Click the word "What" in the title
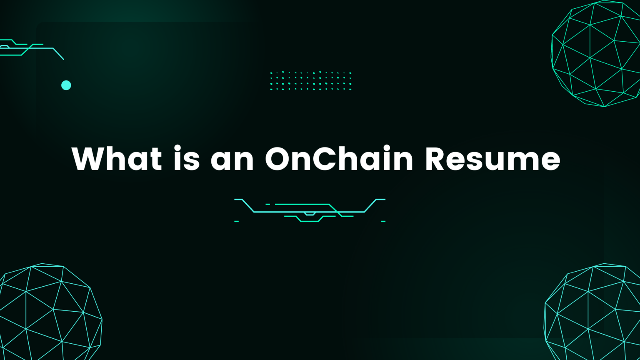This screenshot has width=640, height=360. click(117, 158)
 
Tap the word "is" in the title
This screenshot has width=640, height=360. click(187, 158)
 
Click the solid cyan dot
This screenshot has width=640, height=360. click(66, 85)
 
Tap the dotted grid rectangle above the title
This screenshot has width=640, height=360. click(310, 81)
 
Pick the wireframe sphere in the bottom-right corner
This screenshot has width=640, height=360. click(592, 312)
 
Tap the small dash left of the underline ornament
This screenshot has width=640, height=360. click(236, 221)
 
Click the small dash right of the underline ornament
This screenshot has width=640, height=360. click(383, 221)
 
